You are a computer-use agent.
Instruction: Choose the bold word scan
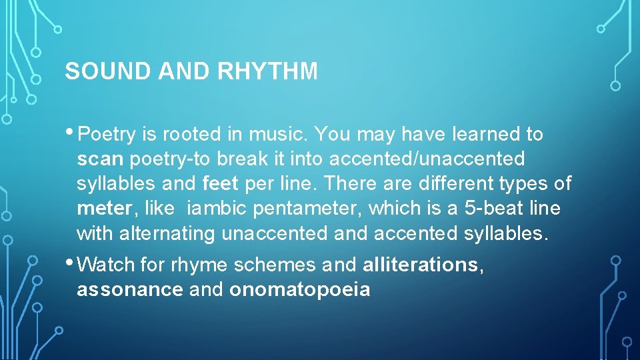[101, 159]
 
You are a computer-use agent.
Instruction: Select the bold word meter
[105, 209]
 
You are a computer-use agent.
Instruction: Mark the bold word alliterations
[420, 265]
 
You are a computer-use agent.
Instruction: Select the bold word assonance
[129, 290]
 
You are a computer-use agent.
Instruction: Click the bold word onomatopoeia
[299, 290]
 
